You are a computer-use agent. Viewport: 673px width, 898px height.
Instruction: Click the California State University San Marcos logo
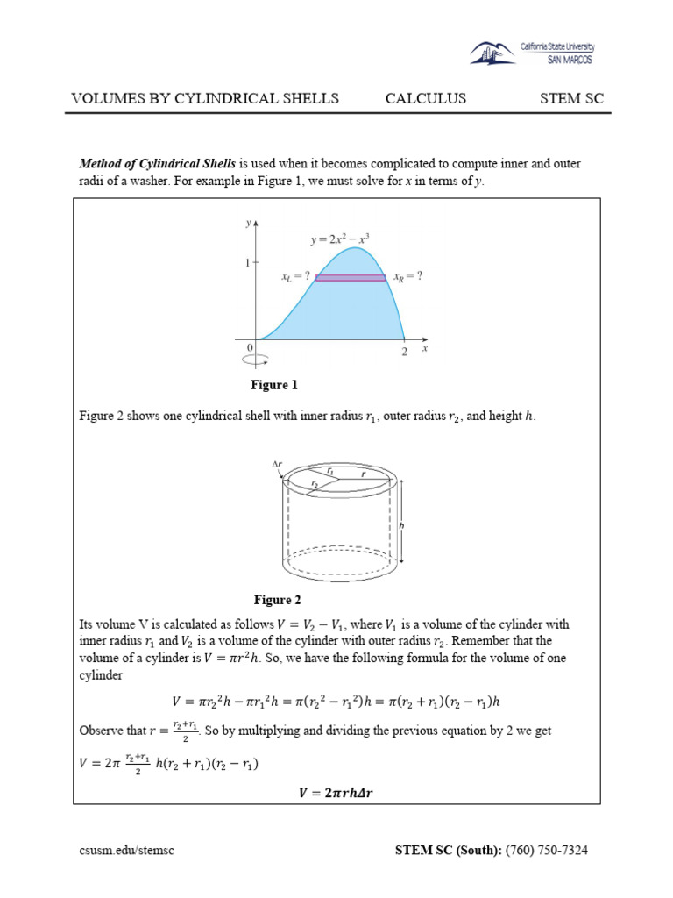(x=531, y=53)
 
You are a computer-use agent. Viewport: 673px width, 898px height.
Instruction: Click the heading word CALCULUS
(x=426, y=98)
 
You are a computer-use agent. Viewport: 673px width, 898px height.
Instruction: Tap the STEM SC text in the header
(x=571, y=98)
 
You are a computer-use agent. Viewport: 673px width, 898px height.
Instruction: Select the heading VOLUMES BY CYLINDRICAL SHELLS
(x=204, y=98)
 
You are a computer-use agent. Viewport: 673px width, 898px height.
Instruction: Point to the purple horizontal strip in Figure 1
(x=351, y=277)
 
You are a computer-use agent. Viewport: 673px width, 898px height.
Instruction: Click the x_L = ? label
(x=296, y=275)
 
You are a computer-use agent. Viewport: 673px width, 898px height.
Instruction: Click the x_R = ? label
(x=407, y=275)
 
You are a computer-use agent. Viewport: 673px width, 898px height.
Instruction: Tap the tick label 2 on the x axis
(x=405, y=353)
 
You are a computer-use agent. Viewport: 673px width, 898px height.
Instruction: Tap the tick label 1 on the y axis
(x=248, y=262)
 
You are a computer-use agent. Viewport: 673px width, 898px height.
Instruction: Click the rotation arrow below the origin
(x=256, y=360)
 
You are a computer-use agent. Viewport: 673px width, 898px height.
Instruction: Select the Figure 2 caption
(x=277, y=600)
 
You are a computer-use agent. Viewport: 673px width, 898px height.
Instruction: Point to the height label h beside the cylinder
(x=401, y=524)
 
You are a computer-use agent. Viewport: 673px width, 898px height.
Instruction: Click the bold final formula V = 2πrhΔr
(x=337, y=794)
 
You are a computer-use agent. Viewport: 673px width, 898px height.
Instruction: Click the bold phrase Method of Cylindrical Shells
(x=158, y=164)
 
